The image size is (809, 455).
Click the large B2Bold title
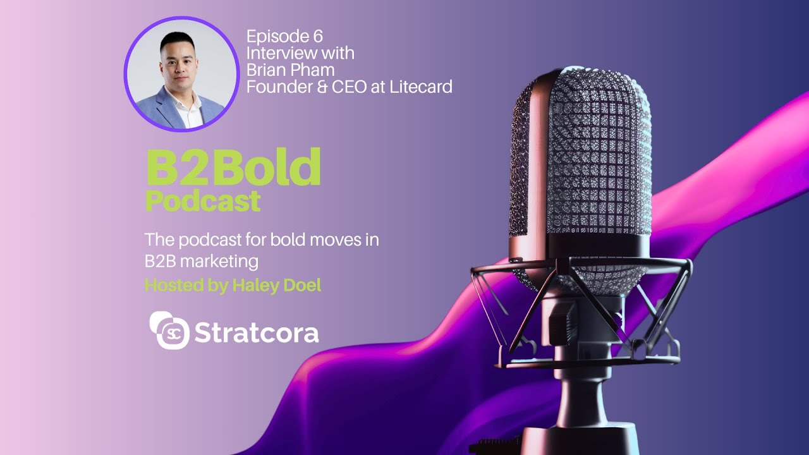(x=233, y=167)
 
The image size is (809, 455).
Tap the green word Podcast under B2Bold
(x=203, y=201)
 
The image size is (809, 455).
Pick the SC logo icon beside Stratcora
(x=169, y=331)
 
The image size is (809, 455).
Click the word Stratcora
(x=257, y=333)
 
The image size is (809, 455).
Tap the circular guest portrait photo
(x=181, y=74)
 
